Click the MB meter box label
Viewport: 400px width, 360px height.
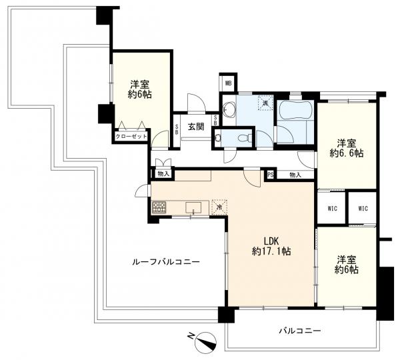tap(228, 83)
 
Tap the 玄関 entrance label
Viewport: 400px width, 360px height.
tap(196, 127)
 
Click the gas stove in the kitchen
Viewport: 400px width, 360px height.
tap(159, 207)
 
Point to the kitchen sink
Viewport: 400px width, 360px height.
tap(193, 207)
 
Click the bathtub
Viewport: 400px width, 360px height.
tap(295, 110)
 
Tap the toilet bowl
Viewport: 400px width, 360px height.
tap(244, 138)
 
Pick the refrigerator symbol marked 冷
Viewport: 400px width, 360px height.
tap(219, 207)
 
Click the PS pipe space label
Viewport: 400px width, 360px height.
tap(271, 175)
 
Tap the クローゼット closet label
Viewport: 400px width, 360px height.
tap(131, 137)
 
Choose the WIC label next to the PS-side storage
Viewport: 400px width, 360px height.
tap(333, 209)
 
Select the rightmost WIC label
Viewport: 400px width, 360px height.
tap(363, 209)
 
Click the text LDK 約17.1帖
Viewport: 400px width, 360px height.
tap(271, 246)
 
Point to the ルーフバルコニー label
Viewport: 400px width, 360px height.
tap(166, 262)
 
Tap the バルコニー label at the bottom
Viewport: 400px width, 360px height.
tap(300, 331)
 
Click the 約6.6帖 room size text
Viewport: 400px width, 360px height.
tap(347, 153)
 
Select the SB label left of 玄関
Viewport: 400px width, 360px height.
tap(177, 129)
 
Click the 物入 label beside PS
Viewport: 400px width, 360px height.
tap(295, 175)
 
